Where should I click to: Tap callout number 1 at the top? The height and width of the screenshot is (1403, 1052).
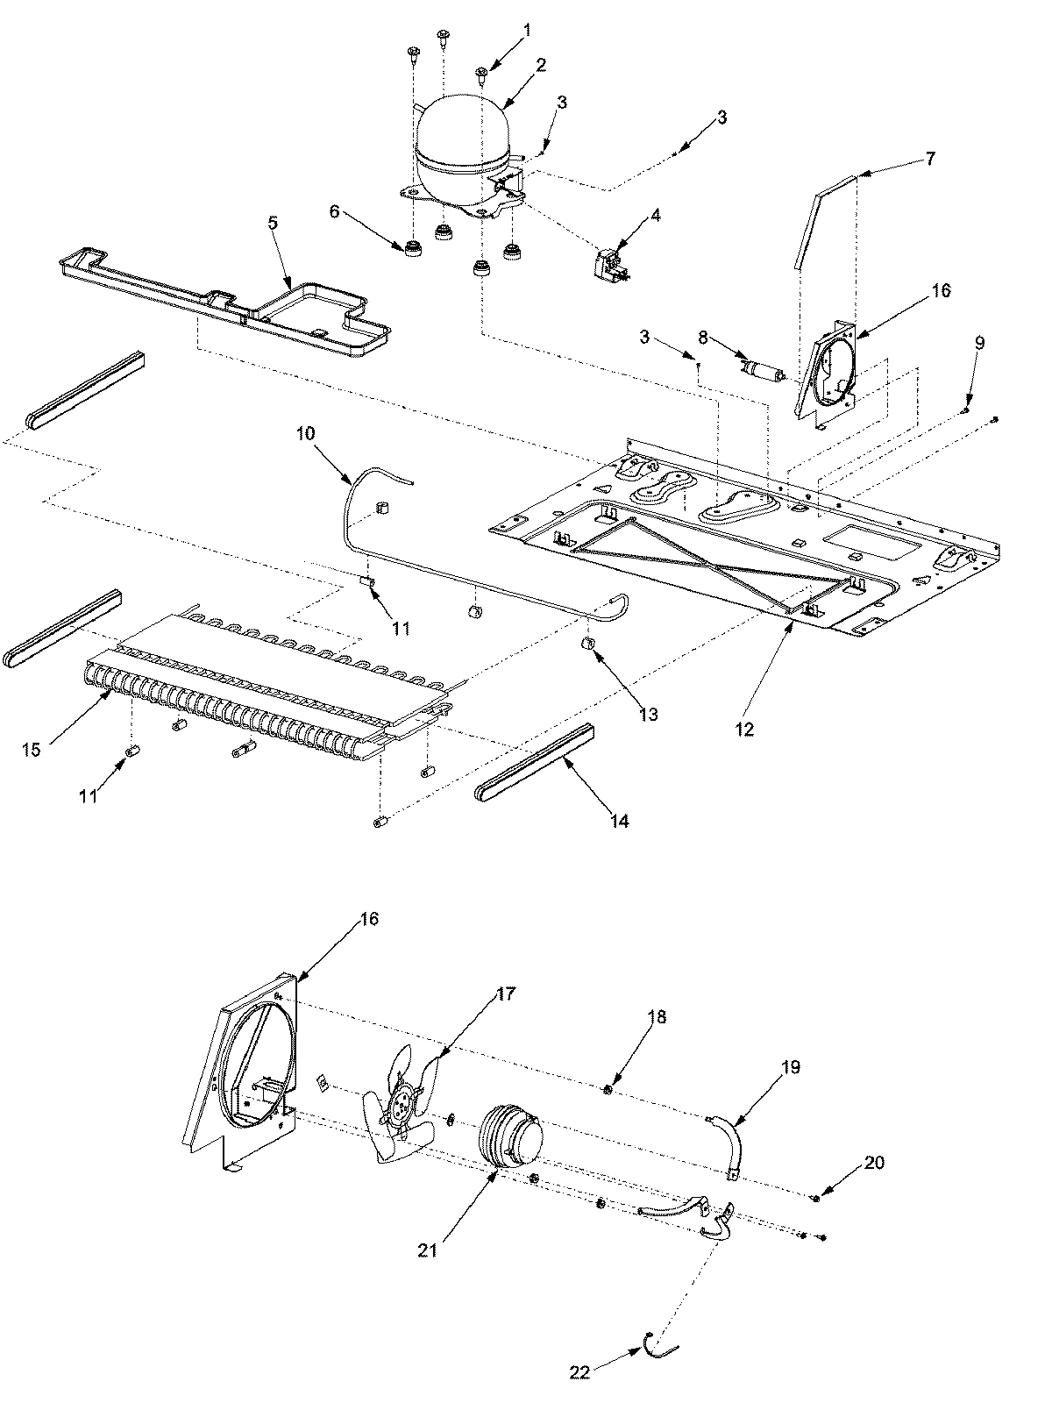(527, 31)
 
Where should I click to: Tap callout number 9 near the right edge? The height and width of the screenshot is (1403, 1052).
(979, 343)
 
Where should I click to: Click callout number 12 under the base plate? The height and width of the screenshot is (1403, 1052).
(744, 729)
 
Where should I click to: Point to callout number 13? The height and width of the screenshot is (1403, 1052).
(648, 715)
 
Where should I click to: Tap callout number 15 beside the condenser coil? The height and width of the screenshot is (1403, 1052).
(32, 751)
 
